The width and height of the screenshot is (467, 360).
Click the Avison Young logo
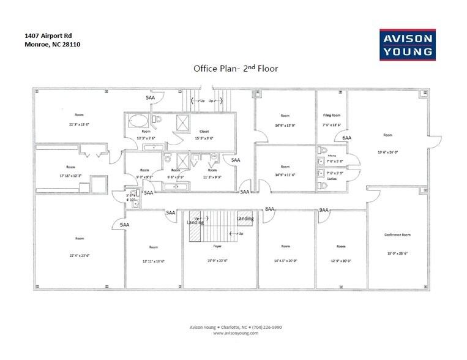[x=408, y=44]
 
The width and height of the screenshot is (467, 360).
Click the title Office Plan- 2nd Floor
[x=235, y=69]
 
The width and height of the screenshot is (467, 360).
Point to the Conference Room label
[x=397, y=234]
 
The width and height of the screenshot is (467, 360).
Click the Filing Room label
[x=332, y=115]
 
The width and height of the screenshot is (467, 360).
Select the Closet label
[x=204, y=131]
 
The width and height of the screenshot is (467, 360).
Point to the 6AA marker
[x=347, y=138]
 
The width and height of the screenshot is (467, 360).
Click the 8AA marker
[x=269, y=209]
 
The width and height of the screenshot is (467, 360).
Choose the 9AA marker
[x=324, y=210]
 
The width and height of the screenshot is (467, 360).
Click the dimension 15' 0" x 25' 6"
[x=397, y=253]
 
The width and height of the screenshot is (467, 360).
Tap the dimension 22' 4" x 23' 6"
[x=80, y=255]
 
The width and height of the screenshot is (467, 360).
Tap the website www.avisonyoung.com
[x=234, y=333]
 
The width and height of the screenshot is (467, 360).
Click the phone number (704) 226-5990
[x=264, y=328]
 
